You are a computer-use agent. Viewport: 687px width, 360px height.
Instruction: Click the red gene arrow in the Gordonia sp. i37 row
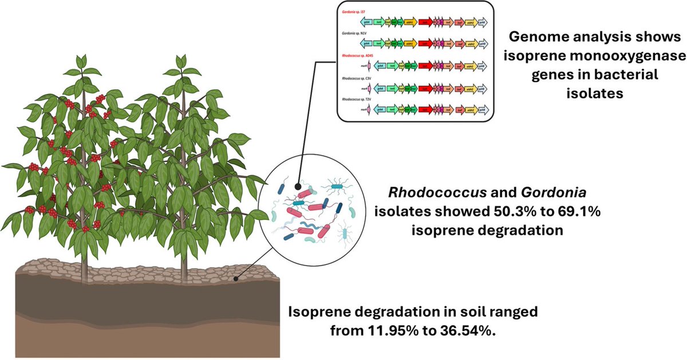pyautogui.click(x=425, y=22)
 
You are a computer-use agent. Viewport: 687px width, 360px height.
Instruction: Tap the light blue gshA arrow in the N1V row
pyautogui.click(x=366, y=44)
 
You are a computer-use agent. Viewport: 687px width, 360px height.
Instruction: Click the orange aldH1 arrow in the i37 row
pyautogui.click(x=410, y=22)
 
